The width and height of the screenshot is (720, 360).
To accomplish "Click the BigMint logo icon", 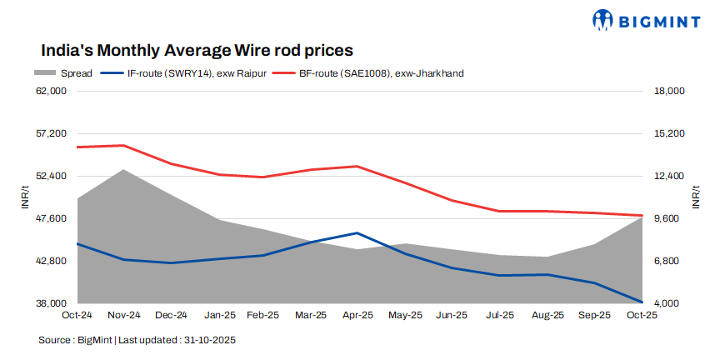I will (603, 19).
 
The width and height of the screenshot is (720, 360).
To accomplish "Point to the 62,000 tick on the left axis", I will (53, 91).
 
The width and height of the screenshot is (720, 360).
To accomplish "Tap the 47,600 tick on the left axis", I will (53, 218).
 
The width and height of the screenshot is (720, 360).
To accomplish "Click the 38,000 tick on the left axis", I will (53, 303).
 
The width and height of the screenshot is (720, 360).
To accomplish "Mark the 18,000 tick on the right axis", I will (667, 91).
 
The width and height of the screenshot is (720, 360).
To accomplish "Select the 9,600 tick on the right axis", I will (664, 218).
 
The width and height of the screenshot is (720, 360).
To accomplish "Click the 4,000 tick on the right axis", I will (664, 303).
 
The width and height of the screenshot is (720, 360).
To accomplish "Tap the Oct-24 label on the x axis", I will (77, 315).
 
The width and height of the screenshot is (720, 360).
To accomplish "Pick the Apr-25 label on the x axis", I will (357, 315).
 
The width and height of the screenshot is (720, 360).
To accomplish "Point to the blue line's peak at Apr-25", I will (357, 233).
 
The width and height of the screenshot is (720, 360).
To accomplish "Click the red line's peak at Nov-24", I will (124, 146).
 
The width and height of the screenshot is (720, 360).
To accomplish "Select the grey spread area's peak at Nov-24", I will (124, 170).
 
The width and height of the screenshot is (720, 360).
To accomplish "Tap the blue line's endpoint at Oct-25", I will (641, 302).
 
